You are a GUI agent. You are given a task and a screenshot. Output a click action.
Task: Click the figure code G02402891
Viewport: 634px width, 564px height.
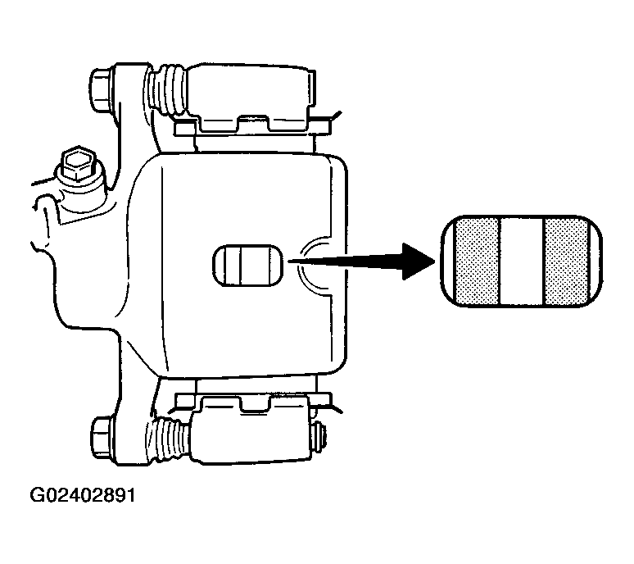[83, 495]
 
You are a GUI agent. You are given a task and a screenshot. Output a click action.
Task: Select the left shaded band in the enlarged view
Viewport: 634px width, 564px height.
[477, 262]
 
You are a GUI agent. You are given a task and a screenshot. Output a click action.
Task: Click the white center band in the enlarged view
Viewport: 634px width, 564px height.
[522, 262]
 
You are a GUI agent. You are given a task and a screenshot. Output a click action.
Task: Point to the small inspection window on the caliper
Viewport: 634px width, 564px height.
[247, 266]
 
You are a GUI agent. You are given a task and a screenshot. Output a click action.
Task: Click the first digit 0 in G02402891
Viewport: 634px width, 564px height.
[50, 495]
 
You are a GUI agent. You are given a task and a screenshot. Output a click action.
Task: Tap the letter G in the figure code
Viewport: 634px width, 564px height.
[37, 495]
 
